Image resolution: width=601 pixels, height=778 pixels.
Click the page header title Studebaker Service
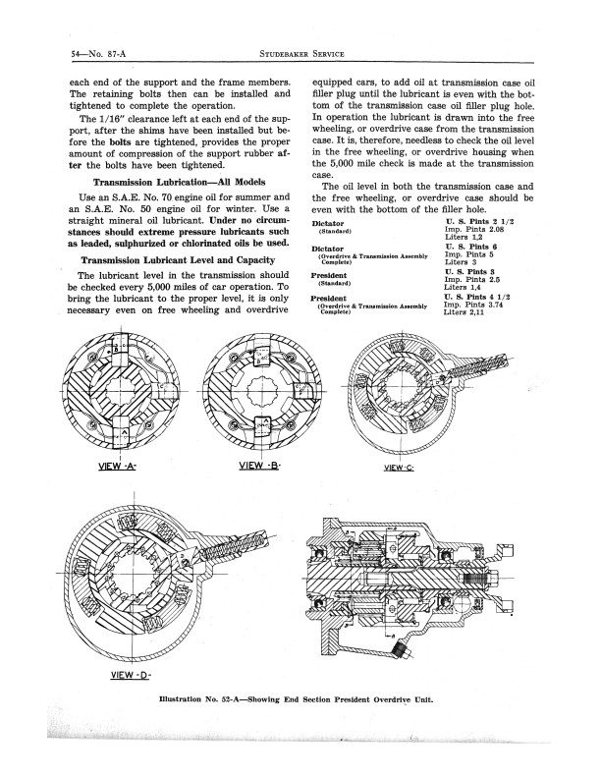click(301, 54)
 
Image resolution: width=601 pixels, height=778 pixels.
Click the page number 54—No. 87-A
click(98, 54)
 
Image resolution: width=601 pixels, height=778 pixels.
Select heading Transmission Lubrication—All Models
click(179, 182)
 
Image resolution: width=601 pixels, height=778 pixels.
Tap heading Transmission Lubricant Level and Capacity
click(178, 260)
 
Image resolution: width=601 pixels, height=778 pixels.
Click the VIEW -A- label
click(118, 466)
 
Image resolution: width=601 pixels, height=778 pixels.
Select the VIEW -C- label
click(399, 467)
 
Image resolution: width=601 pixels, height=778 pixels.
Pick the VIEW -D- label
click(131, 674)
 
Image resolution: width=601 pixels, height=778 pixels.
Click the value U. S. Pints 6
click(471, 247)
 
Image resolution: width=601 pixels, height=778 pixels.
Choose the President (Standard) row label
click(330, 279)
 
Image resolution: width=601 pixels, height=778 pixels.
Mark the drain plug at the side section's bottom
click(399, 650)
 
